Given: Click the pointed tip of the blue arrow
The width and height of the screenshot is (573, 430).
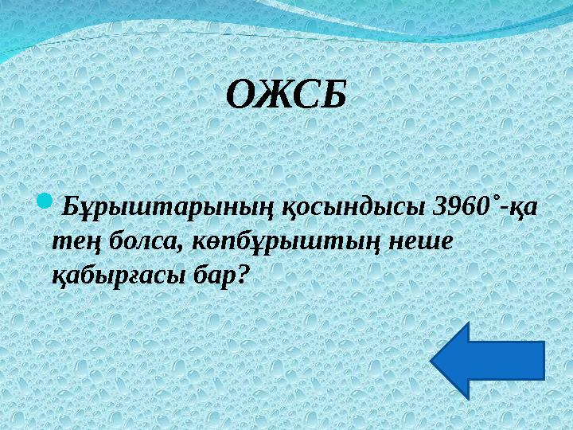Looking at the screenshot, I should [x=435, y=360].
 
